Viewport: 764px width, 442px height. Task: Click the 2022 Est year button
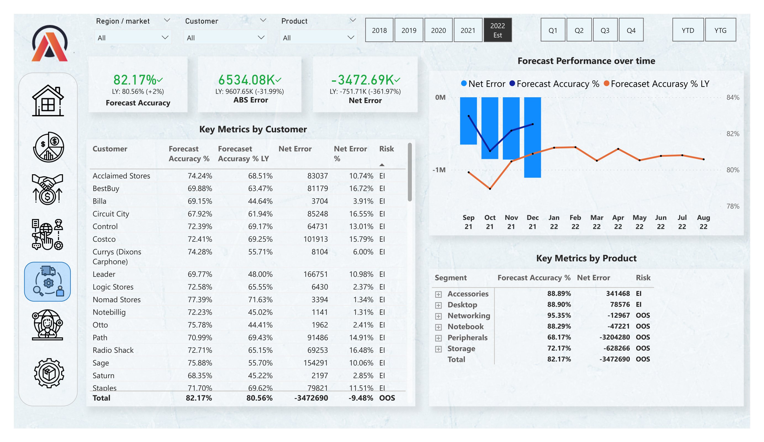(x=497, y=30)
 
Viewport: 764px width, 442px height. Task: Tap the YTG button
(x=720, y=30)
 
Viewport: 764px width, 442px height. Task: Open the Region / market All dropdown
(x=133, y=38)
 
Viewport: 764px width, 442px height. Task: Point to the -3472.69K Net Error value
(x=363, y=80)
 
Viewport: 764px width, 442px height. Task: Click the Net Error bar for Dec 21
(x=532, y=137)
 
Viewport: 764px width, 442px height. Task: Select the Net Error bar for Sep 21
(x=468, y=121)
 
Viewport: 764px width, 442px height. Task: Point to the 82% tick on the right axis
(x=733, y=134)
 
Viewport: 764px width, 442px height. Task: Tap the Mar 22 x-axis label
(x=596, y=222)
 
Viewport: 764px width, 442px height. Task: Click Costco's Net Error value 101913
(x=315, y=239)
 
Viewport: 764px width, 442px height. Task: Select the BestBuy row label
(x=106, y=188)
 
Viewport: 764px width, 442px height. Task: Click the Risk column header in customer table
(x=386, y=149)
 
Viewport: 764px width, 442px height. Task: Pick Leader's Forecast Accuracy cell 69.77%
(x=199, y=274)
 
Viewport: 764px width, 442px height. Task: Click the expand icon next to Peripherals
(x=438, y=338)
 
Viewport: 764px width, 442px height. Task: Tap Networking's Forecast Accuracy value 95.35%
(x=559, y=315)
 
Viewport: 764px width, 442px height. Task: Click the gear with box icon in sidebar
(x=49, y=373)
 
